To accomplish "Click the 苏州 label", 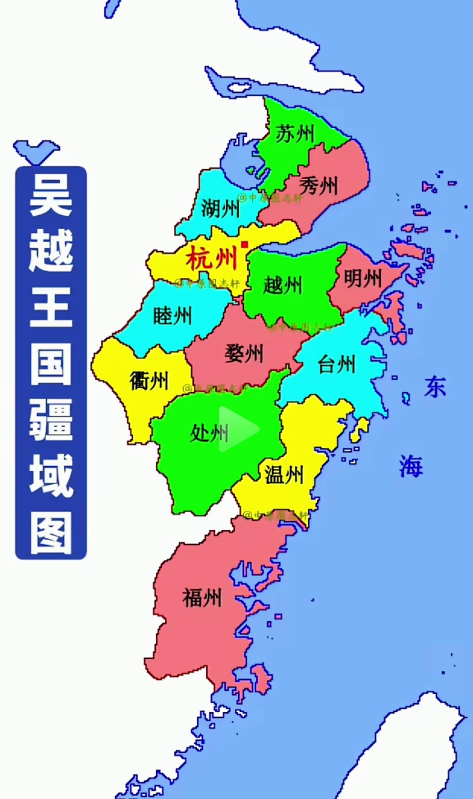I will (295, 134).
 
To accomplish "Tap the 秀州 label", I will (318, 185).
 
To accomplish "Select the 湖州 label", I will (220, 208).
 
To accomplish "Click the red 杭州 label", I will (212, 258).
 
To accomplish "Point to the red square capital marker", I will (245, 245).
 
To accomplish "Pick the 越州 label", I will (282, 285).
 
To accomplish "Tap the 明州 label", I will (362, 279).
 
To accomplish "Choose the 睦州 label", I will (173, 316).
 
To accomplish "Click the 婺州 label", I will (244, 354).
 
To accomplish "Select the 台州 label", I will (336, 364).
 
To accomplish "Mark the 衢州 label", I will (149, 381).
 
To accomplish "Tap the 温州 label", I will (284, 475).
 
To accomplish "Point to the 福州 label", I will (202, 598).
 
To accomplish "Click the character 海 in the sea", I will (411, 466).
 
